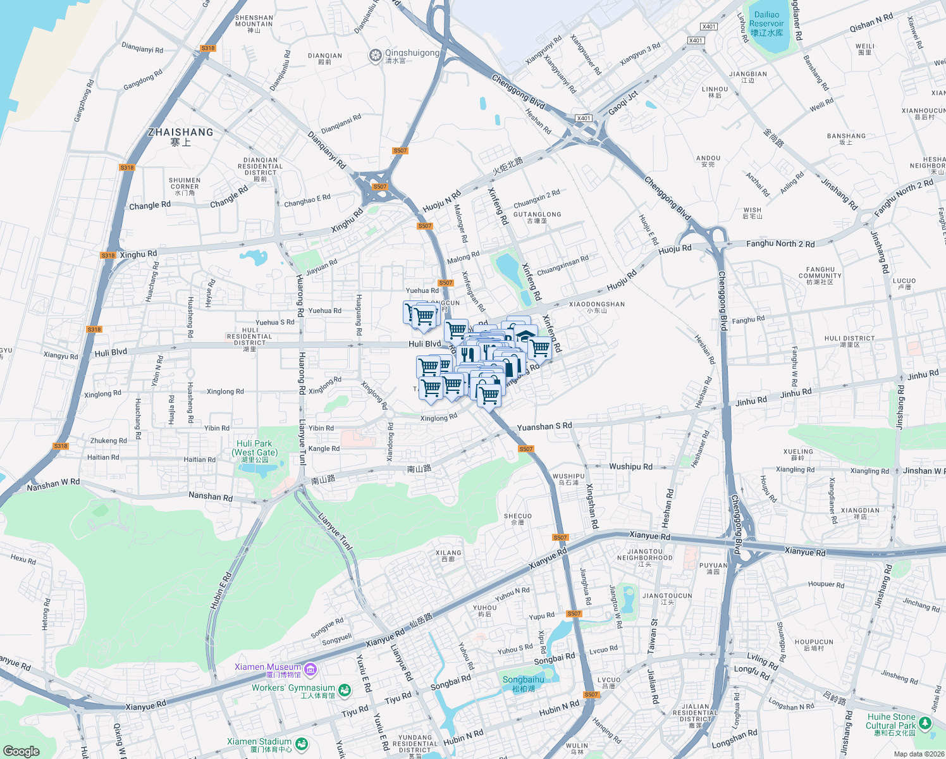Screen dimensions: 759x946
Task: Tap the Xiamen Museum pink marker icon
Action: click(310, 669)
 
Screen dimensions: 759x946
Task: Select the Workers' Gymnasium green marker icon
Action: click(344, 690)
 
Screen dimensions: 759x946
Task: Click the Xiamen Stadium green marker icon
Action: click(302, 744)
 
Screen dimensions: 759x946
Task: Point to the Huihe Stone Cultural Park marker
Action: click(925, 722)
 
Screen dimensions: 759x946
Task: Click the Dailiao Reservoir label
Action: click(766, 23)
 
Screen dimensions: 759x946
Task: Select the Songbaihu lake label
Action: click(523, 683)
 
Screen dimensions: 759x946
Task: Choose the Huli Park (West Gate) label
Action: click(254, 452)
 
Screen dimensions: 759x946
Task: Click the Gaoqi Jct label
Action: click(623, 103)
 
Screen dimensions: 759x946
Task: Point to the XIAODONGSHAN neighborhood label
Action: click(597, 307)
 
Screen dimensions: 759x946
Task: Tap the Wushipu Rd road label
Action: click(630, 467)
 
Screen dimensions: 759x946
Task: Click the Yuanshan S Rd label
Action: click(544, 427)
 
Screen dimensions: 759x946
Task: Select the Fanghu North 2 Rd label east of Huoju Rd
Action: click(780, 244)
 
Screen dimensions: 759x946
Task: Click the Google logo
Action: click(21, 751)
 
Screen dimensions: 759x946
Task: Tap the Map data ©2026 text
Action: click(917, 754)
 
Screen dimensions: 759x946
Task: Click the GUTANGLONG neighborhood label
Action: click(537, 217)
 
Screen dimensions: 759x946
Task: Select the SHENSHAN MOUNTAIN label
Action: click(254, 24)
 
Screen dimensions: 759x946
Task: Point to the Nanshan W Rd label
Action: click(53, 484)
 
